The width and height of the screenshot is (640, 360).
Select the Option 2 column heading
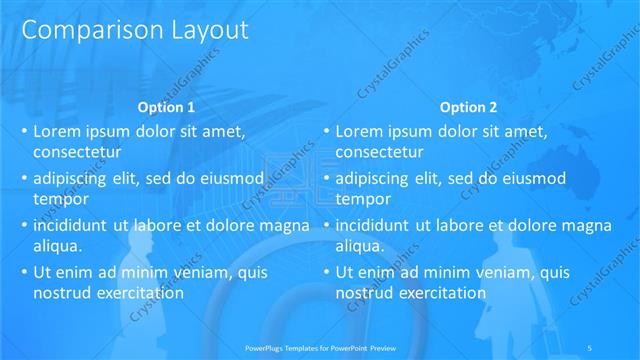[466, 107]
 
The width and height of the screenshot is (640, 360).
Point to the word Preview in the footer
[395, 347]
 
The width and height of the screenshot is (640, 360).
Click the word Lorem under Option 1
[59, 131]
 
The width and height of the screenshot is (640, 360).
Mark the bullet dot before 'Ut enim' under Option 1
[24, 272]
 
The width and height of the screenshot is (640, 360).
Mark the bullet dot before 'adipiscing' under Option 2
[326, 178]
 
